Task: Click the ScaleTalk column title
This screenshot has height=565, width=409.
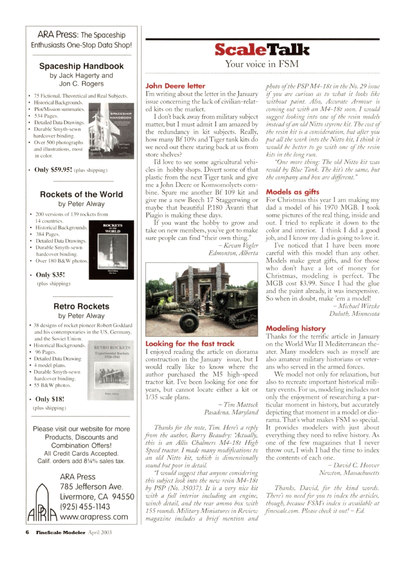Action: [x=262, y=49]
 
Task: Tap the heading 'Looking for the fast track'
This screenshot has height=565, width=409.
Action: [x=189, y=343]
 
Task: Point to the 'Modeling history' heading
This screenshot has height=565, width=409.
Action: [x=295, y=328]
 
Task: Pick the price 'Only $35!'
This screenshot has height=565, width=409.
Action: [x=51, y=274]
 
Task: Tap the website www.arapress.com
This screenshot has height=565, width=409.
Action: [x=93, y=517]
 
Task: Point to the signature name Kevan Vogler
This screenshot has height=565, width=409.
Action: [x=239, y=244]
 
